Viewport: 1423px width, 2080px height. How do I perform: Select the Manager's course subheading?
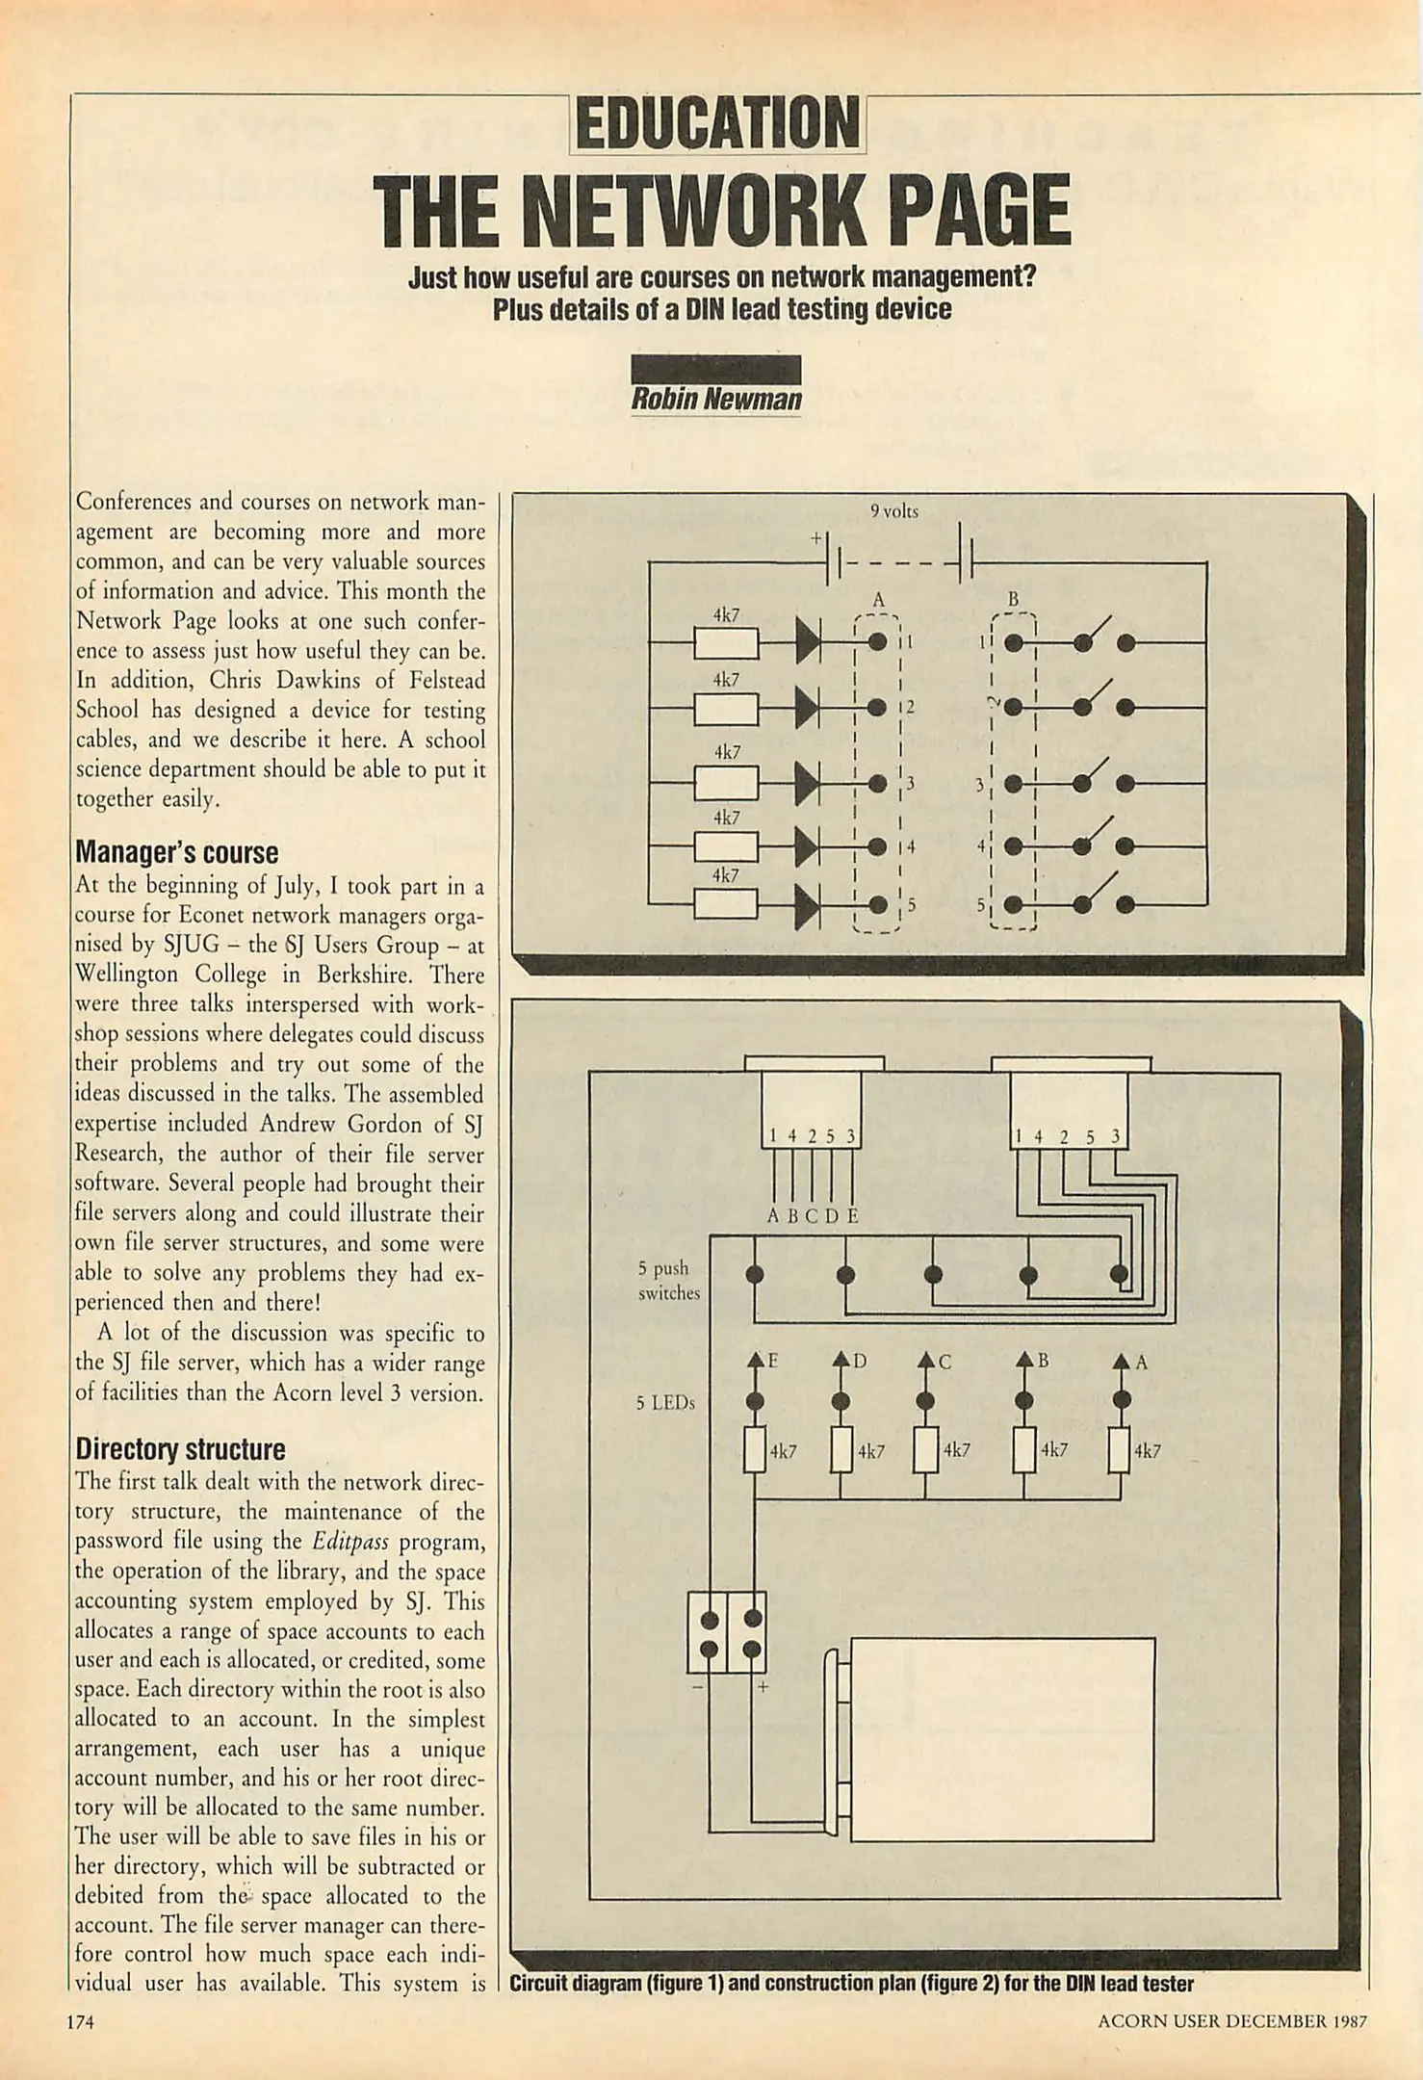176,853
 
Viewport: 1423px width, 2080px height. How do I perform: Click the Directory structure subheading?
180,1449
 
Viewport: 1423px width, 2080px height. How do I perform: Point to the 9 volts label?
893,512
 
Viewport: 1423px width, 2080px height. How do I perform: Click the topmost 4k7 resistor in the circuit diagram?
726,642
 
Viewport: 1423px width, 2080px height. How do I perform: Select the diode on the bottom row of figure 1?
807,905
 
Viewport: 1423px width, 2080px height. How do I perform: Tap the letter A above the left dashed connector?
877,600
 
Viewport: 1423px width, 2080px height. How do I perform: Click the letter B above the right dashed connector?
1013,600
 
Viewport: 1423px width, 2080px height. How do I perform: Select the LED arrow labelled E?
756,1362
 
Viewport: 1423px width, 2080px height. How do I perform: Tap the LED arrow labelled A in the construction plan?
1120,1362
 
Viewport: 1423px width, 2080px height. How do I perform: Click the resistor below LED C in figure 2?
925,1449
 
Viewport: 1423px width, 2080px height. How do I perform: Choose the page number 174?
80,2022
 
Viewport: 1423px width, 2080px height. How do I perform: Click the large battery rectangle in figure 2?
1001,1739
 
